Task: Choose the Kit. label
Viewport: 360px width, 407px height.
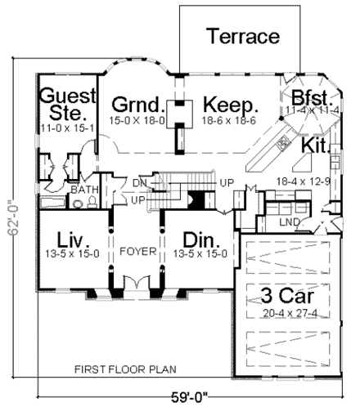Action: click(316, 144)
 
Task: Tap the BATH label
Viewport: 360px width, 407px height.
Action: click(82, 190)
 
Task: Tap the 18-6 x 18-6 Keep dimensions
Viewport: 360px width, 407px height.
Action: click(230, 120)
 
